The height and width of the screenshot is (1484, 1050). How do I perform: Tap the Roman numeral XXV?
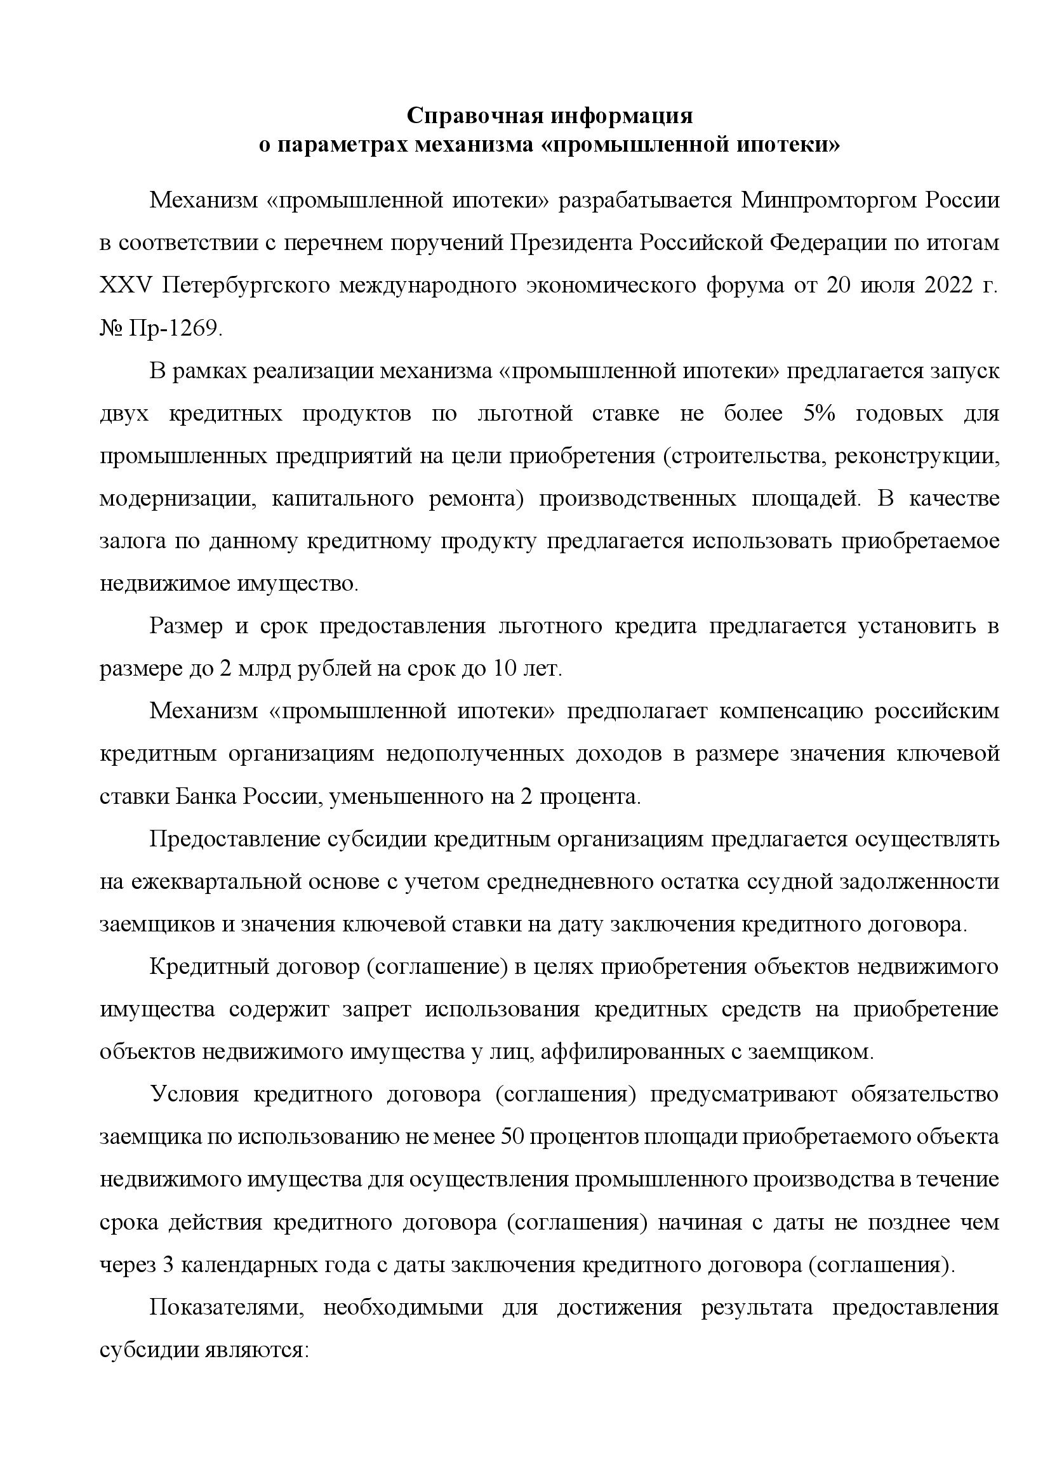pyautogui.click(x=126, y=286)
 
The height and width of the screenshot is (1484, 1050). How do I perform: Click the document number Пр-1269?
pyautogui.click(x=175, y=329)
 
